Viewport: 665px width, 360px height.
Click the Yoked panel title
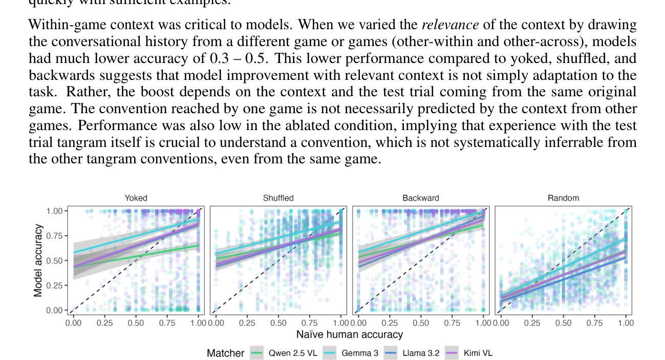(136, 198)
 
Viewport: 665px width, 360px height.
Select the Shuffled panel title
(278, 198)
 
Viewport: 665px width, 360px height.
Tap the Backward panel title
(420, 198)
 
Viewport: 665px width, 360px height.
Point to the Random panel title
(563, 198)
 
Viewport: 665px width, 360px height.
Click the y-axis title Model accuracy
(38, 261)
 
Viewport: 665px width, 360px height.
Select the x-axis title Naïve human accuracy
(350, 335)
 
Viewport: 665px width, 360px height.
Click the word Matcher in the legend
(225, 353)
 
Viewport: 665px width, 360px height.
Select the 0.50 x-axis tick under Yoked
(136, 323)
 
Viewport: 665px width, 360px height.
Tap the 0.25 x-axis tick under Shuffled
(247, 323)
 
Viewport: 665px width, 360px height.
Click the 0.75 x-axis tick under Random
(594, 323)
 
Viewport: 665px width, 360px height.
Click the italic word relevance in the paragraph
(450, 25)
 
